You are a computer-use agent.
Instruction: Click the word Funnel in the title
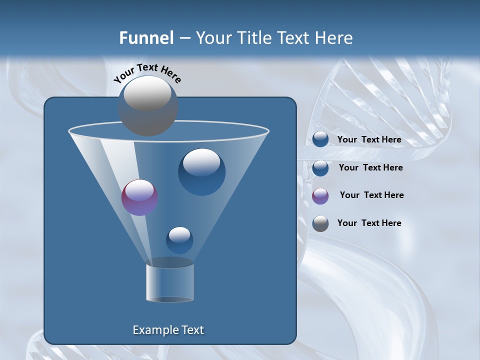pyautogui.click(x=146, y=38)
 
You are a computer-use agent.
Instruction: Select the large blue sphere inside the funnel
pyautogui.click(x=201, y=171)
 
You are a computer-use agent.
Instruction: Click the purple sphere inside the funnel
pyautogui.click(x=139, y=197)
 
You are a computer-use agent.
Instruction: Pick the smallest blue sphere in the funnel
pyautogui.click(x=179, y=240)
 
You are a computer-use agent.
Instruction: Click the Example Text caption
pyautogui.click(x=168, y=330)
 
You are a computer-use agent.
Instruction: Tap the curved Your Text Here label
pyautogui.click(x=147, y=73)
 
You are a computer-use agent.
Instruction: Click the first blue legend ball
pyautogui.click(x=320, y=139)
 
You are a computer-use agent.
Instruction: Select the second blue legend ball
pyautogui.click(x=320, y=168)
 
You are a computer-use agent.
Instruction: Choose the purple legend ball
pyautogui.click(x=320, y=196)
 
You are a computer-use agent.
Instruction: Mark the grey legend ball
pyautogui.click(x=320, y=223)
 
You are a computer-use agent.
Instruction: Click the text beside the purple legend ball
pyautogui.click(x=371, y=195)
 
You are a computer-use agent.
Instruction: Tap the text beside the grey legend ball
pyautogui.click(x=369, y=223)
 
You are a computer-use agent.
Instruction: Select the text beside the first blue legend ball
pyautogui.click(x=369, y=139)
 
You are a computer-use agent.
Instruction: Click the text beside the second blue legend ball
pyautogui.click(x=370, y=167)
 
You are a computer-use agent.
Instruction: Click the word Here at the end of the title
pyautogui.click(x=334, y=38)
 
